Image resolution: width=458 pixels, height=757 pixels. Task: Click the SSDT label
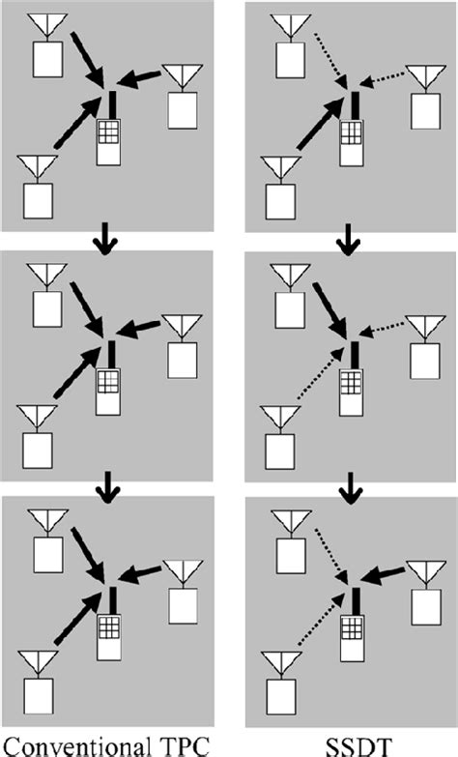click(x=358, y=746)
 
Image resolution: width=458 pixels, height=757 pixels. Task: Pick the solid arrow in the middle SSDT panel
click(x=330, y=311)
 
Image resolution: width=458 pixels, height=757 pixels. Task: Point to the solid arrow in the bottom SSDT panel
click(x=383, y=574)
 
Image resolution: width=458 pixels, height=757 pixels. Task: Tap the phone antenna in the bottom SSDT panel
click(x=357, y=600)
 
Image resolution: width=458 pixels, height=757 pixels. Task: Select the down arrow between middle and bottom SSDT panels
click(x=350, y=488)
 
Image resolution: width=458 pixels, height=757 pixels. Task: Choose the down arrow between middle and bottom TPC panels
click(x=107, y=488)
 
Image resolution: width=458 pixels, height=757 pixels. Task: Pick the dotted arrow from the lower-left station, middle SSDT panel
click(x=321, y=373)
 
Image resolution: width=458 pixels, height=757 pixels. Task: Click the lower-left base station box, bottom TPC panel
click(x=39, y=696)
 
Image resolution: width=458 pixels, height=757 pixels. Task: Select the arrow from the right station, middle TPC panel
click(x=138, y=329)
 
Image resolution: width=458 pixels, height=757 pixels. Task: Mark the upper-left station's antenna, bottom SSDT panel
click(x=292, y=523)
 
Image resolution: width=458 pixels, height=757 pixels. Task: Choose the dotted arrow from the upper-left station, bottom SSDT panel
click(x=331, y=556)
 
